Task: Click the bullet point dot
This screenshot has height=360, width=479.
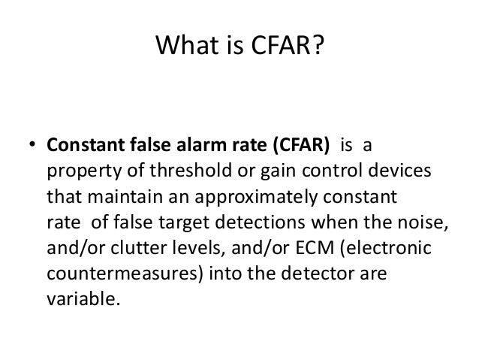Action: [x=33, y=145]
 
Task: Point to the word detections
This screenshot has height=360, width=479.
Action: [x=268, y=223]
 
